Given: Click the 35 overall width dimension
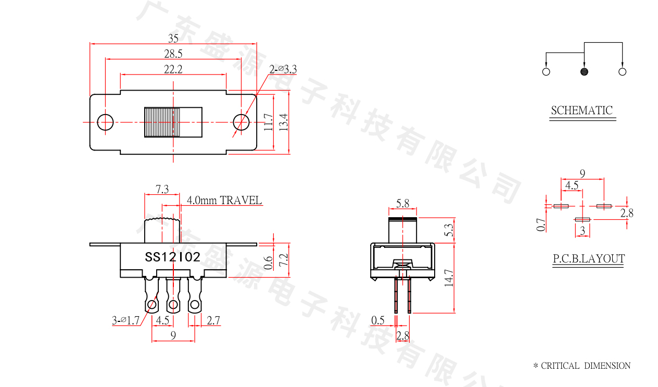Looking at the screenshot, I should click(x=173, y=38).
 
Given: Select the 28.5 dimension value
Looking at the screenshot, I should click(x=173, y=54).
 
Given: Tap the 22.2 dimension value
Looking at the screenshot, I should click(x=173, y=69).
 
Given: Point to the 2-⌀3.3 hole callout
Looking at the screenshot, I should click(x=283, y=69).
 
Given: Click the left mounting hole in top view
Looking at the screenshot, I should click(x=105, y=122).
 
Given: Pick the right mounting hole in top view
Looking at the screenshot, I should click(x=241, y=122).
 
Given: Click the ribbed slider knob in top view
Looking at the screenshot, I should click(x=162, y=122).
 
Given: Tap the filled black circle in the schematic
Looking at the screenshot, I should click(x=584, y=71).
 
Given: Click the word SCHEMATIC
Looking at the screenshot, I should click(x=582, y=110).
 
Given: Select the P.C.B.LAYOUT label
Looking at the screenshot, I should click(x=588, y=259).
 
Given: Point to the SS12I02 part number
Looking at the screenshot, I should click(x=172, y=257).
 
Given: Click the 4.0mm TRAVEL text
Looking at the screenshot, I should click(x=224, y=201).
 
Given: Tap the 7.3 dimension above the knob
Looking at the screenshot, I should click(x=162, y=190).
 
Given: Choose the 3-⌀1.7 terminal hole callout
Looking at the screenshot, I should click(x=126, y=321).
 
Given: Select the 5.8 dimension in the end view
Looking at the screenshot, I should click(x=402, y=204).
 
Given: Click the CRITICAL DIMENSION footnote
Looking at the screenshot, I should click(x=581, y=366).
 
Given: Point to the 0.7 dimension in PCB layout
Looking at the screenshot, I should click(x=541, y=224).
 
